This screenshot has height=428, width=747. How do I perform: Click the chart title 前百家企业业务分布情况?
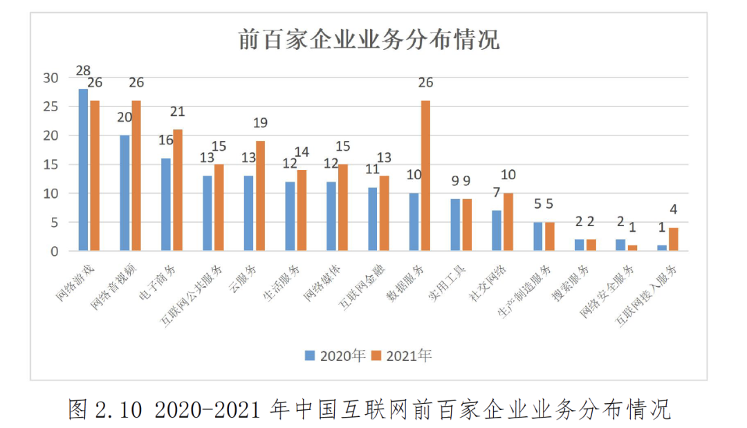click(x=368, y=39)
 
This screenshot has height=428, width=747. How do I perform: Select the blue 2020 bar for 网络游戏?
click(x=83, y=169)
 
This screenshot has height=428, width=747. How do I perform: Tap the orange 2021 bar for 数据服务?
click(x=425, y=176)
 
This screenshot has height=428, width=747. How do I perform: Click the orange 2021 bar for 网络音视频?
click(x=136, y=176)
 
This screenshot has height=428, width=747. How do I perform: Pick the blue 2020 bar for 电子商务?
click(x=166, y=205)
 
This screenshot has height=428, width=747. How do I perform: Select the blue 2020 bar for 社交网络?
click(x=497, y=231)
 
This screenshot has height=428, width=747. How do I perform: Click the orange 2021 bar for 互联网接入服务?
click(x=674, y=239)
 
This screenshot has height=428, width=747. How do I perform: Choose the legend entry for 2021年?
click(x=402, y=355)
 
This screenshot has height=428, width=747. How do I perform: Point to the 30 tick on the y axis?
click(x=51, y=77)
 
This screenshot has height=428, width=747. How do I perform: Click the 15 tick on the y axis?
click(x=51, y=165)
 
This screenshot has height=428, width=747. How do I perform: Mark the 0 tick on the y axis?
click(x=55, y=252)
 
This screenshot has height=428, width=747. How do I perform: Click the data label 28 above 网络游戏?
click(x=83, y=71)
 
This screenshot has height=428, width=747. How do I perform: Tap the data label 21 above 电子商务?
click(x=178, y=112)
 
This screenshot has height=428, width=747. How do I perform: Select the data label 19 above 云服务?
click(x=260, y=123)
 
